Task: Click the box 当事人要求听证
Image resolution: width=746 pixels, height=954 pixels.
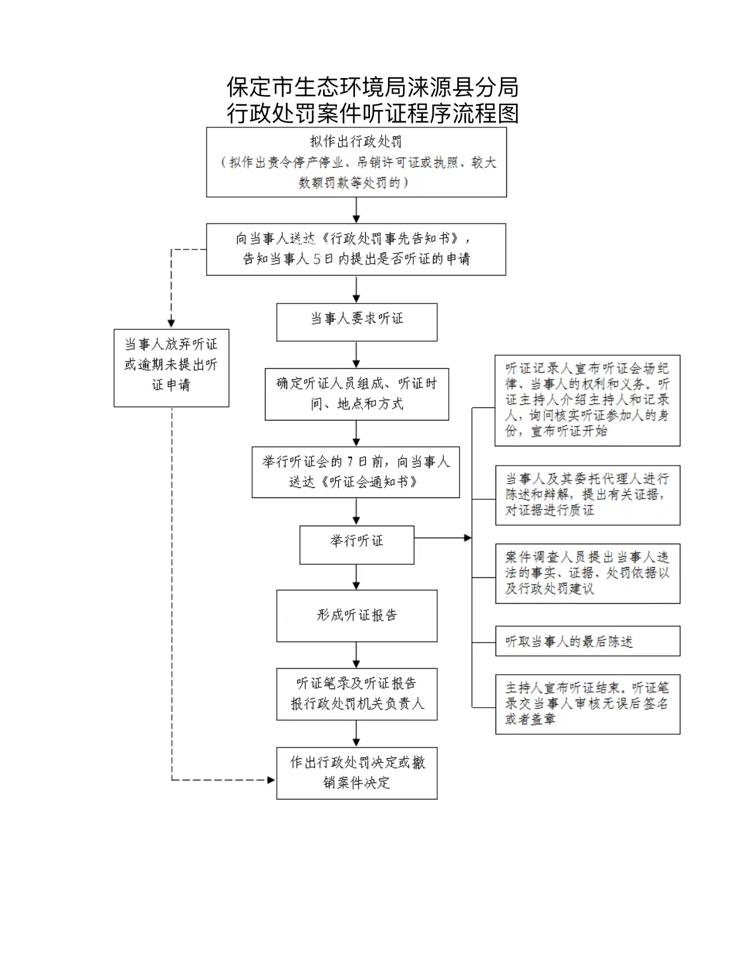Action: [357, 322]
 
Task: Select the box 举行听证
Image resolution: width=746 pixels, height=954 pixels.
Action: [357, 544]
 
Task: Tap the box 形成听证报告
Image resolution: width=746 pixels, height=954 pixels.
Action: [357, 616]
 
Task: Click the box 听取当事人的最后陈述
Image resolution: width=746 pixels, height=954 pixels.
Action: [587, 641]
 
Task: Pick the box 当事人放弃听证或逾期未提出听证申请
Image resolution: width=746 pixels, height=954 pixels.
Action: [171, 368]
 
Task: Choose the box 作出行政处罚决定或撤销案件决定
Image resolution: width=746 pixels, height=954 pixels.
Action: [357, 773]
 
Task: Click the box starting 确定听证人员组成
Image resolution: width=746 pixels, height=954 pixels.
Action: [357, 393]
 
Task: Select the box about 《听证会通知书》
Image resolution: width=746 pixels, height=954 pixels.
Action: [356, 472]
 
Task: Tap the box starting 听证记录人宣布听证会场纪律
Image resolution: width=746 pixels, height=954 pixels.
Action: [587, 400]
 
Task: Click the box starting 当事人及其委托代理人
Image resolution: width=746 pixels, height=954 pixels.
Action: [587, 495]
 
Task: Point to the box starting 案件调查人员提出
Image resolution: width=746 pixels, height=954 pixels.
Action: [587, 573]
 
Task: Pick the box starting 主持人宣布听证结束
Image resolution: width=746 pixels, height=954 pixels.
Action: [587, 703]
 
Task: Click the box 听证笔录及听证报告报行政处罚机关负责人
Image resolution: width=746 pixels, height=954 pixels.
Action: [357, 694]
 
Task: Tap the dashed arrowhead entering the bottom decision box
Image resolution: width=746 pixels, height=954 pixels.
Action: [270, 780]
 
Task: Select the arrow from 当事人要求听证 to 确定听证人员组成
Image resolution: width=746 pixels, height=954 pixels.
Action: [357, 354]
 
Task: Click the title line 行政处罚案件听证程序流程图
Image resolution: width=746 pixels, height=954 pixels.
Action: [372, 114]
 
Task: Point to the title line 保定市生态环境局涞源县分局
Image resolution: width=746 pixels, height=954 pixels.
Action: [372, 88]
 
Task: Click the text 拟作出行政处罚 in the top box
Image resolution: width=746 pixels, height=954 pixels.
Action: [356, 142]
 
